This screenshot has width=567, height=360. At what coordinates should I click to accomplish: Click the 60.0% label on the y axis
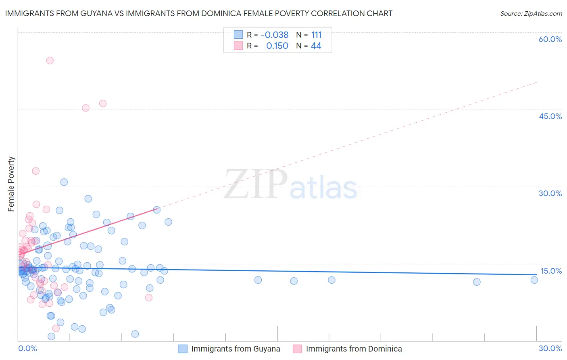coord(550,39)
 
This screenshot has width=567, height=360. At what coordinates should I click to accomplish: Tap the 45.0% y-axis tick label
coord(550,116)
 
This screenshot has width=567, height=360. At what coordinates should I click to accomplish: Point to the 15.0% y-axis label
coord(551,271)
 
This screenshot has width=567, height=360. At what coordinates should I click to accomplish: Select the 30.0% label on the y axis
coord(550,193)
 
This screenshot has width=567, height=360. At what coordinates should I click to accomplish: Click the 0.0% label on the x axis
coord(27,348)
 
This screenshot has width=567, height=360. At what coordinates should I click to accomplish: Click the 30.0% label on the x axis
coord(550,348)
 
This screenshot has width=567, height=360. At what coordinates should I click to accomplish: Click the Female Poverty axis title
coord(11,184)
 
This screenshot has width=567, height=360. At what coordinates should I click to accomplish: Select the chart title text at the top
coord(198,14)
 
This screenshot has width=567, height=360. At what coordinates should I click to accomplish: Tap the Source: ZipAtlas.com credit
coord(531,14)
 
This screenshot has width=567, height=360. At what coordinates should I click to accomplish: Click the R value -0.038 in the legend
coord(275,35)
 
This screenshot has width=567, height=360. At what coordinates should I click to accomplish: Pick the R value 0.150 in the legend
coord(277,46)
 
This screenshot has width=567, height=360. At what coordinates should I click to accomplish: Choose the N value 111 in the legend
coord(316,35)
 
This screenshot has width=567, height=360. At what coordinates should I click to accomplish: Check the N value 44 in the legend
coord(316,46)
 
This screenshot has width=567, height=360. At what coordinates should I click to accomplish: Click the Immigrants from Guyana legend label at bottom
coord(236,349)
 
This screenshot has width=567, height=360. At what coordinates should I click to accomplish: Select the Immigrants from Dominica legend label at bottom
coord(354,349)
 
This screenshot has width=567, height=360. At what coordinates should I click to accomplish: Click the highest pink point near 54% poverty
coord(50,61)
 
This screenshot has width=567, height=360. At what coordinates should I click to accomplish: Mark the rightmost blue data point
coord(534,280)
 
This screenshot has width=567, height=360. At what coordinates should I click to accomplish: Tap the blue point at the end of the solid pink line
coord(157,210)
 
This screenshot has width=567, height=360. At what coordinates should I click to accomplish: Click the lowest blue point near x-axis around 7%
coord(135,334)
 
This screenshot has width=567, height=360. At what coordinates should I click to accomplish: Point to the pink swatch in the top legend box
coord(238,46)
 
